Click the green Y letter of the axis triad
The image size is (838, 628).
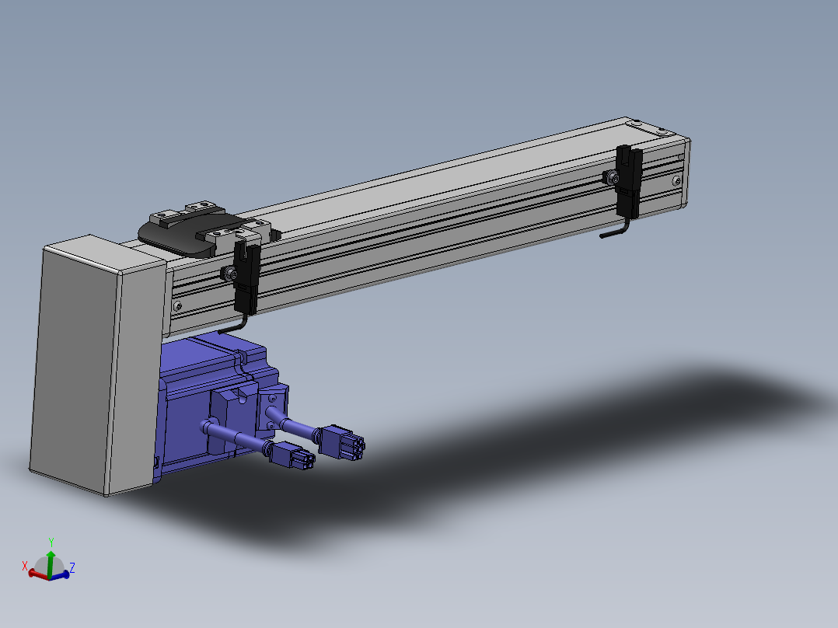pyautogui.click(x=51, y=543)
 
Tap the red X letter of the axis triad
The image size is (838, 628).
pyautogui.click(x=25, y=566)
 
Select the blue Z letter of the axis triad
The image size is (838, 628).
pyautogui.click(x=72, y=567)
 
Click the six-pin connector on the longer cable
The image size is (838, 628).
pyautogui.click(x=341, y=442)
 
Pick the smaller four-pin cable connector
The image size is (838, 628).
pyautogui.click(x=292, y=456)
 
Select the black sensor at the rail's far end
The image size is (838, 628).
pyautogui.click(x=629, y=182)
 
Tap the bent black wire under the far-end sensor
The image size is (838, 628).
pyautogui.click(x=615, y=230)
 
